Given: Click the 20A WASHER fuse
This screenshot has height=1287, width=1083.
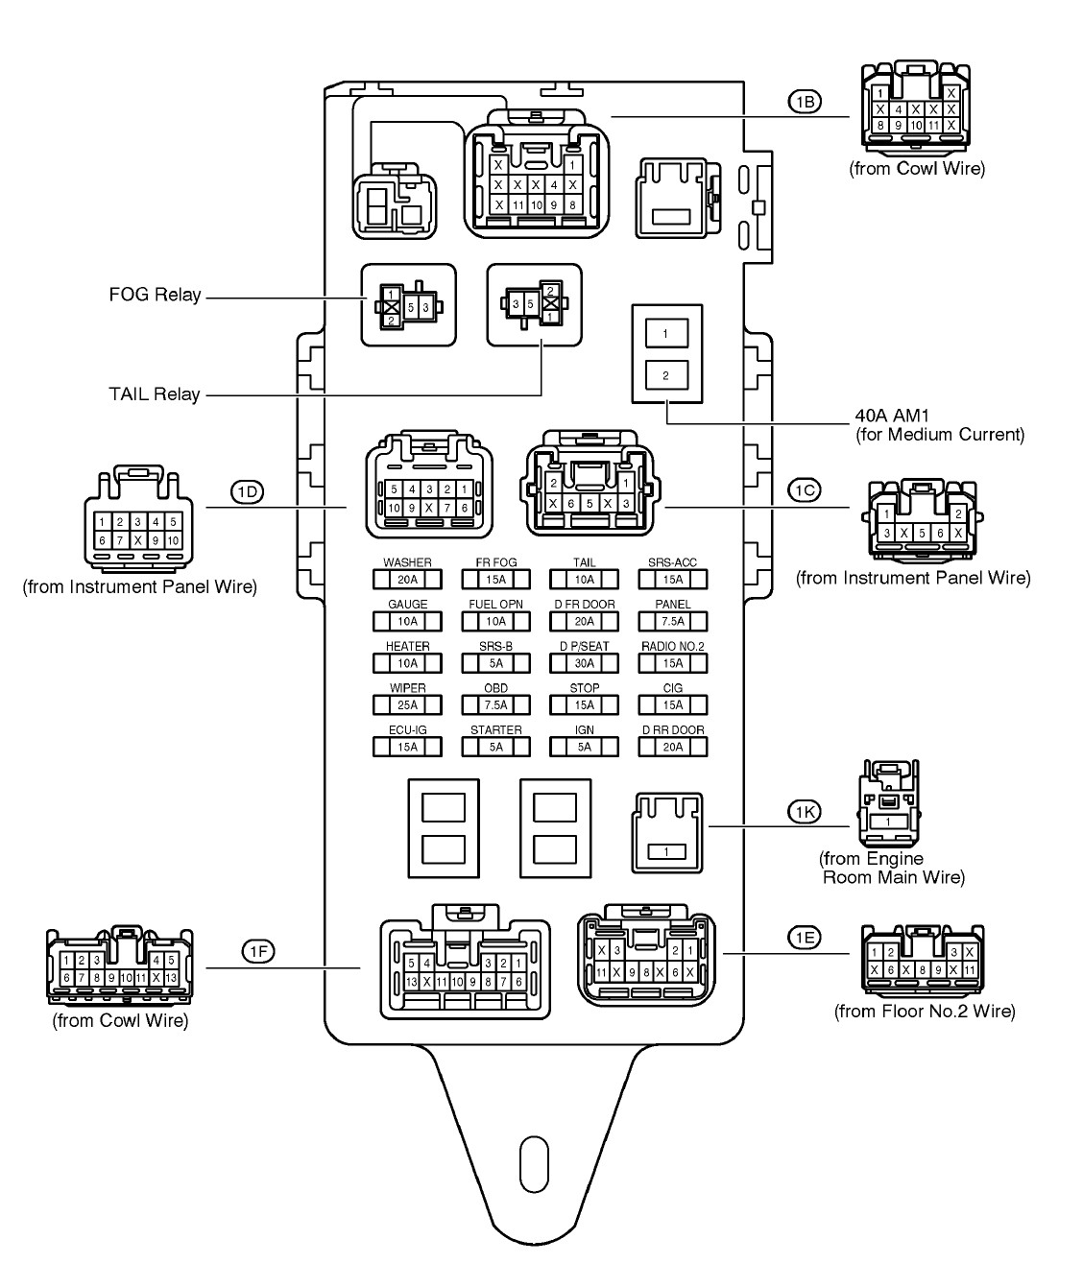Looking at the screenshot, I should click(x=407, y=580).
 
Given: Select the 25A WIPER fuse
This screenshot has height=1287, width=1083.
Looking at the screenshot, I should click(x=407, y=705).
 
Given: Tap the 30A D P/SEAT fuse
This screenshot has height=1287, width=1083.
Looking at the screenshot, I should click(x=584, y=663).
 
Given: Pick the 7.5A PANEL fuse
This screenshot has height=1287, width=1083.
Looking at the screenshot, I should click(x=673, y=621).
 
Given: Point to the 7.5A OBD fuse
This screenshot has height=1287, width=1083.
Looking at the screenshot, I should click(x=495, y=705).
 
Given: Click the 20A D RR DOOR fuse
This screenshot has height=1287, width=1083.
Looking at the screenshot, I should click(x=673, y=748).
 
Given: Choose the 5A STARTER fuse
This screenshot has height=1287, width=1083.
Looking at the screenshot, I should click(x=495, y=748).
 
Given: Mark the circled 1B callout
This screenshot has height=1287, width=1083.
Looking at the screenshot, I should click(x=805, y=101).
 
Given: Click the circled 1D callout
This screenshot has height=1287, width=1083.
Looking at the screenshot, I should click(x=247, y=492).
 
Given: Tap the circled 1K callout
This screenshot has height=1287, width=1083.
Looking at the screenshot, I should click(x=805, y=813).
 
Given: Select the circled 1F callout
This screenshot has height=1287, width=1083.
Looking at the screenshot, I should click(x=257, y=951).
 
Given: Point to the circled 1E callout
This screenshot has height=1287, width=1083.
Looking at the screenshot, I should click(x=804, y=938).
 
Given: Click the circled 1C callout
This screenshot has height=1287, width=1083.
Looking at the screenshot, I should click(x=804, y=490).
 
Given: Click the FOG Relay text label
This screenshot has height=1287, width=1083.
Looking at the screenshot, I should click(x=155, y=295).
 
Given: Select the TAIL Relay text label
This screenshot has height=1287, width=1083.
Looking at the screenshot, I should click(x=155, y=393).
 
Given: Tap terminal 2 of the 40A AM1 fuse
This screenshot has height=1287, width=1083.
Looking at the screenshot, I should click(x=665, y=375).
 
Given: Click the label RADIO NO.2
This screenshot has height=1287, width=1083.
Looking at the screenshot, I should click(x=673, y=646).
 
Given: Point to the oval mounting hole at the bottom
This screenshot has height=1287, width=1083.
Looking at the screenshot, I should click(x=532, y=1164).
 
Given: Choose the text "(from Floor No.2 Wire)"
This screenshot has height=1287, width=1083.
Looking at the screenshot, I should click(x=924, y=1011).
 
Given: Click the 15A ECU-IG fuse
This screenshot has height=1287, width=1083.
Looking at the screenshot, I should click(x=407, y=748).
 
